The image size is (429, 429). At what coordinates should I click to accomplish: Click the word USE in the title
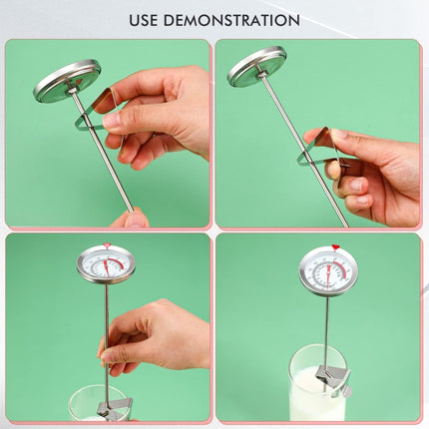click(x=148, y=20)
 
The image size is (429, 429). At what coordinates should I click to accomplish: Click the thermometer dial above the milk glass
click(x=328, y=270)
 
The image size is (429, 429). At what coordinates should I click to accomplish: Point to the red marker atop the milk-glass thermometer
click(x=335, y=247)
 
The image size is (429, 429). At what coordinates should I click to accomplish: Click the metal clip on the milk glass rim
click(x=331, y=376)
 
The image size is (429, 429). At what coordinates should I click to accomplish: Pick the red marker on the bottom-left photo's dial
click(x=107, y=245)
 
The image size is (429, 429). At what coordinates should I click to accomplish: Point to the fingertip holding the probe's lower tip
click(x=131, y=217)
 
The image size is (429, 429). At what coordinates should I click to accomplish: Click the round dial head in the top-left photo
click(x=67, y=81)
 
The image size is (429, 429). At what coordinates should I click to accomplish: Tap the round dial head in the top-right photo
click(x=256, y=66)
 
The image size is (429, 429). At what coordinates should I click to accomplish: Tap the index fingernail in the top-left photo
click(x=111, y=121)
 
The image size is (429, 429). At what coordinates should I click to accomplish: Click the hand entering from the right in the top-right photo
click(x=374, y=170)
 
